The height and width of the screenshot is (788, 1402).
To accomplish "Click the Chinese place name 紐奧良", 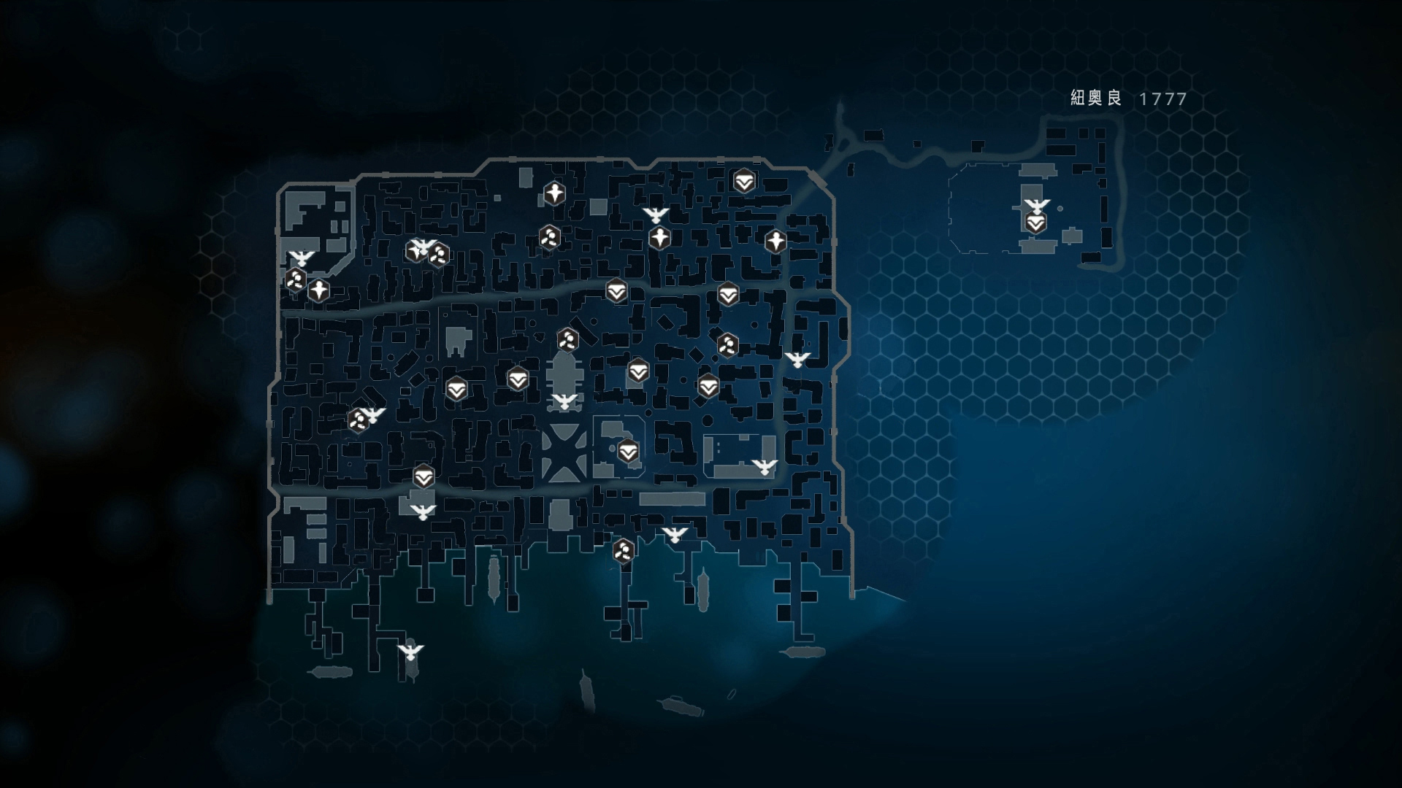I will click(x=1095, y=98).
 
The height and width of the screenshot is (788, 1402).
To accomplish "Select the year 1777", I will click(x=1163, y=99).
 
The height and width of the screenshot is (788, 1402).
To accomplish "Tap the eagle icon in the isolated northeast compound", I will click(x=1036, y=206).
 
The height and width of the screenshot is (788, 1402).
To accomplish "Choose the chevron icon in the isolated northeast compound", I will click(x=1035, y=223).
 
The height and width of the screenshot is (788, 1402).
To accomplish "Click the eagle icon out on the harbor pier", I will click(x=410, y=651).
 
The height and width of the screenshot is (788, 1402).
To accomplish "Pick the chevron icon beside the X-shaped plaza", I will click(x=628, y=452).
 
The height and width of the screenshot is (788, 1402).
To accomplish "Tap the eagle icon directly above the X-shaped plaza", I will click(x=564, y=401).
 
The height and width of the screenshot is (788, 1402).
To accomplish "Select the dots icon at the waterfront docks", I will click(x=623, y=551).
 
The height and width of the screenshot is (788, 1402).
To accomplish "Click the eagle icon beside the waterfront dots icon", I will click(x=675, y=535).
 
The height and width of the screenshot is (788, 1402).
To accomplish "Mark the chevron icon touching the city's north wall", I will click(x=744, y=182).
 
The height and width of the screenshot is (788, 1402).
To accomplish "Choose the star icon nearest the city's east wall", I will click(x=775, y=240).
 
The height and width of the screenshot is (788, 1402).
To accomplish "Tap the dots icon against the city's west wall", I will click(x=295, y=279).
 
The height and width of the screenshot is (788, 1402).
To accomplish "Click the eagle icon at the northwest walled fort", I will click(x=301, y=258).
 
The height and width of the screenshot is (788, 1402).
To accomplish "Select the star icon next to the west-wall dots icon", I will click(x=318, y=290).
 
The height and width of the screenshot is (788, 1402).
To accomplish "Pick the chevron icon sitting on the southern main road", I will click(x=424, y=478).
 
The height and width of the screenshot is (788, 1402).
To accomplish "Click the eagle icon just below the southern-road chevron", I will click(x=422, y=511).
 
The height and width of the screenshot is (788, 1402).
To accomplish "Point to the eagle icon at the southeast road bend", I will click(x=764, y=467).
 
